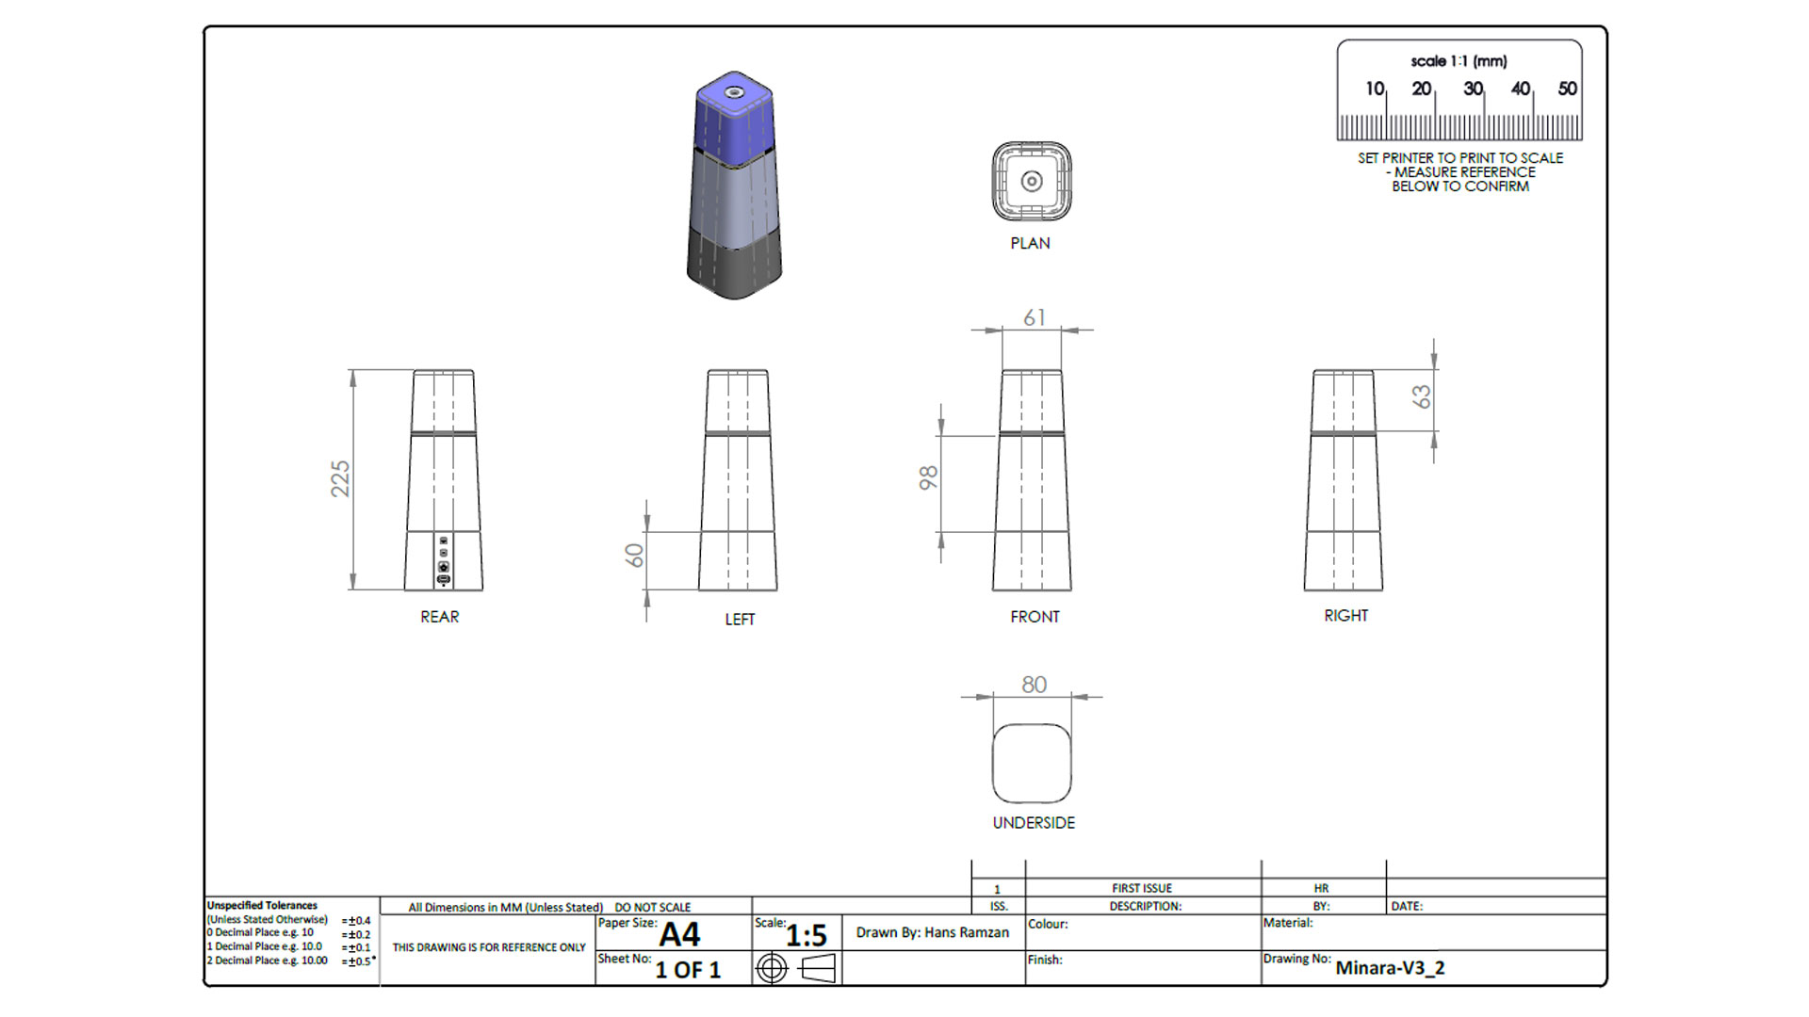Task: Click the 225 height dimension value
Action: coord(340,478)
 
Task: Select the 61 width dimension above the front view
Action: coord(1034,318)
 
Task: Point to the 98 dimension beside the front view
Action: coord(928,477)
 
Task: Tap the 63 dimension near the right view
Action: coord(1421,396)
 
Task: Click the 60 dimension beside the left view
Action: coord(635,556)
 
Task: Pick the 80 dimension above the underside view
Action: coord(1034,685)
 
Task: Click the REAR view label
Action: coord(439,617)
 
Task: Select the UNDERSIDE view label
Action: coord(1033,823)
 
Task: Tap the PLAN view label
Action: coord(1030,243)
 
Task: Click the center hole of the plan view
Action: coord(1032,181)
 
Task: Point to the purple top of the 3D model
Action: coord(734,113)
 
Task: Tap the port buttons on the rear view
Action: coord(444,560)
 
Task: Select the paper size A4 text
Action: coord(679,934)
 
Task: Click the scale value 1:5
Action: coord(806,935)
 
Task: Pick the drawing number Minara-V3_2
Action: coord(1390,967)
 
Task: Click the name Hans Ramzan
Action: coord(966,932)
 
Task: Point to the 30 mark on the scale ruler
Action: coord(1473,89)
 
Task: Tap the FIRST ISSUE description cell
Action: coord(1142,888)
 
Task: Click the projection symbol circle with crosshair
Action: coord(772,968)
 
